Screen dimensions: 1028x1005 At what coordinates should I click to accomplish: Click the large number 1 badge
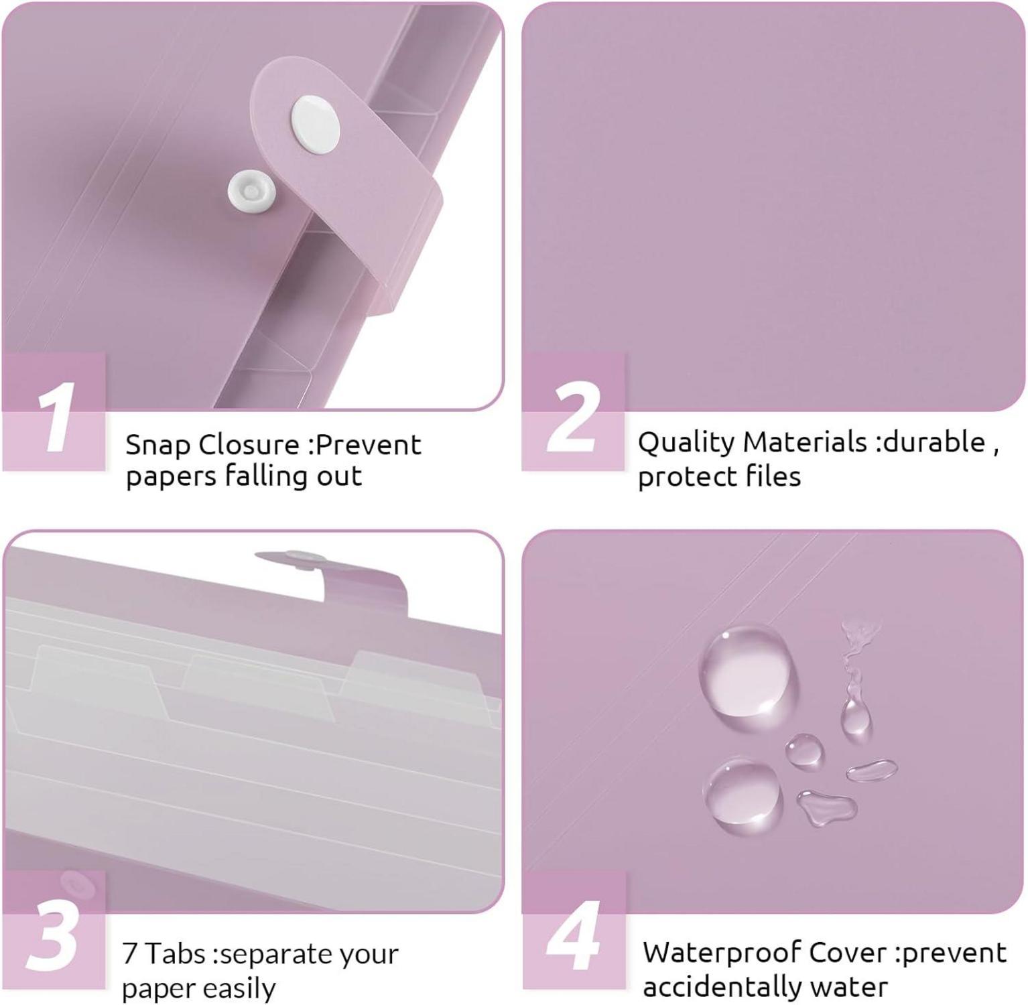[x=54, y=411]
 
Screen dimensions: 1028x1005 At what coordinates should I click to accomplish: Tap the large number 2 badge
[x=573, y=411]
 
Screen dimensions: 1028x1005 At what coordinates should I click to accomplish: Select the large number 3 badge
[x=54, y=930]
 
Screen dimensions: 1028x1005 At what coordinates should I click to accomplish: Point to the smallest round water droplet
[x=804, y=750]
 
